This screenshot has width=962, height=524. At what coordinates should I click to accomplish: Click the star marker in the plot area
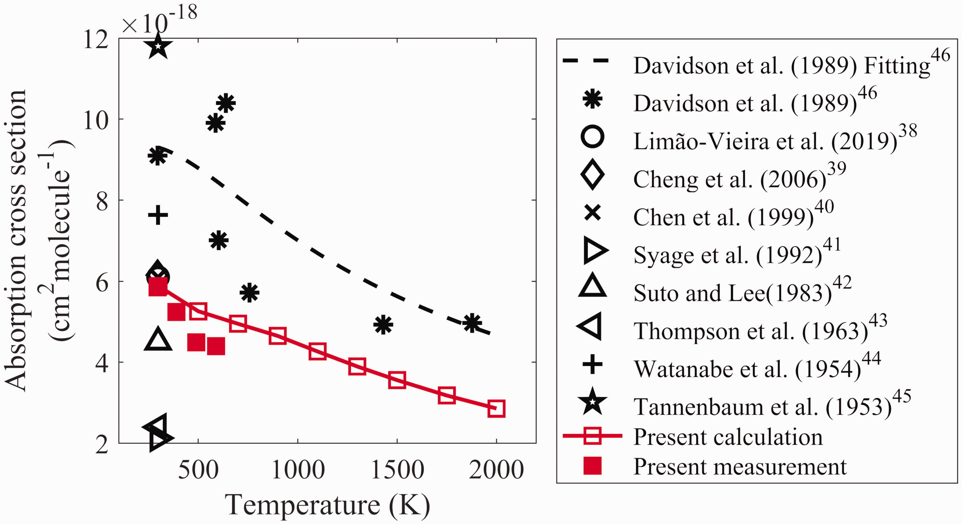[158, 46]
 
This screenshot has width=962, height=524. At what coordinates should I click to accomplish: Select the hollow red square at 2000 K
[496, 408]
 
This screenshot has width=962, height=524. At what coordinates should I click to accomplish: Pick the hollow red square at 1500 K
[397, 380]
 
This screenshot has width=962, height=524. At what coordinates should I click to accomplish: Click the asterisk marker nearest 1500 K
[383, 324]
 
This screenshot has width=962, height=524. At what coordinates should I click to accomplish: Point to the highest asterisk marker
[226, 103]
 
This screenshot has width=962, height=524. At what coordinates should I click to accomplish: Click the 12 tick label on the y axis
[95, 39]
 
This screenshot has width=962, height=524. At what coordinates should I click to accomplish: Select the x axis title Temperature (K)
[327, 505]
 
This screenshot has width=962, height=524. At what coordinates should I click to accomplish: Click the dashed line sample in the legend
[585, 61]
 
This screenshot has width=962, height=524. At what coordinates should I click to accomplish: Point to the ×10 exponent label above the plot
[160, 19]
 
